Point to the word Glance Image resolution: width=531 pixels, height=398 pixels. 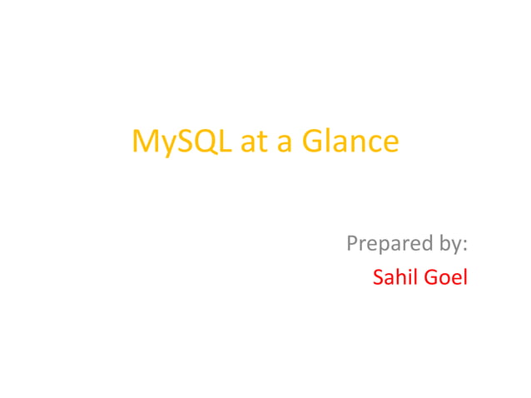coord(350,142)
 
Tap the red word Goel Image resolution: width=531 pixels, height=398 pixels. coord(446,277)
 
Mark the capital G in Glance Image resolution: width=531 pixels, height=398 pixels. coord(312,142)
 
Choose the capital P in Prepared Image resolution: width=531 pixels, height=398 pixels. coord(351,245)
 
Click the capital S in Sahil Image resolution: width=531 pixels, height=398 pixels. coord(379,277)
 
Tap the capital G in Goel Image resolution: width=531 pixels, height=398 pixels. coord(432,277)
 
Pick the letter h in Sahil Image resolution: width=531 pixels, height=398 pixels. coord(400,277)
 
